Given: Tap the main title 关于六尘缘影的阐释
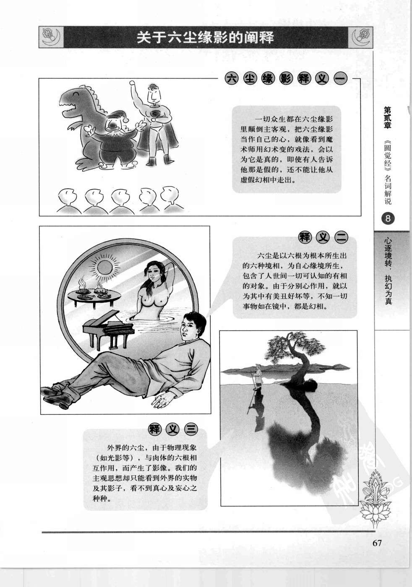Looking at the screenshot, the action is point(205,37).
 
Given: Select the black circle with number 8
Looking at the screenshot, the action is point(388,218).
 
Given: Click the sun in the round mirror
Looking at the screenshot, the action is point(104,268).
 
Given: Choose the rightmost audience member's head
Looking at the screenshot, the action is point(170,195).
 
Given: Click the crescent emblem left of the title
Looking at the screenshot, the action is point(51,37).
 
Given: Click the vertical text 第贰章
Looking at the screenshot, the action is point(388,117).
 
